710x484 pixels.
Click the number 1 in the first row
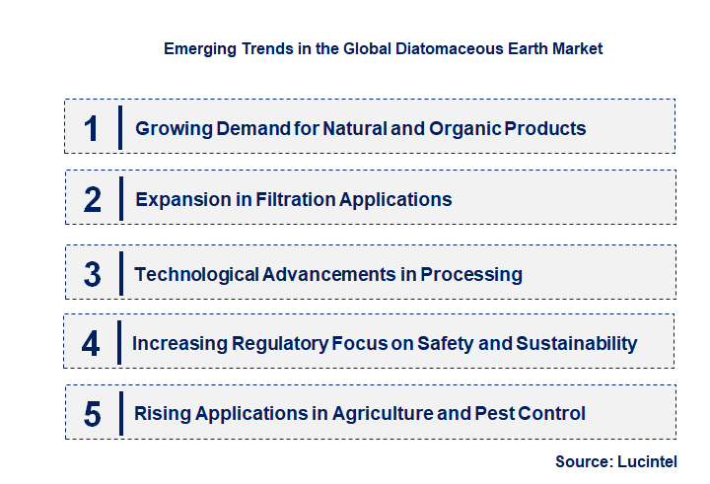click(x=92, y=128)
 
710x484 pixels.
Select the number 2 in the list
click(x=93, y=200)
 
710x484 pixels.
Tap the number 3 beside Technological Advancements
click(x=93, y=274)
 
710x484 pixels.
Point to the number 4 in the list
click(x=92, y=344)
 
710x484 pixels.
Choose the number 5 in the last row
click(x=93, y=414)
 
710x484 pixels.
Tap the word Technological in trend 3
click(x=196, y=274)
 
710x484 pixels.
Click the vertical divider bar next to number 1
click(x=119, y=127)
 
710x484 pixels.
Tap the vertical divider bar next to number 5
click(x=119, y=413)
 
